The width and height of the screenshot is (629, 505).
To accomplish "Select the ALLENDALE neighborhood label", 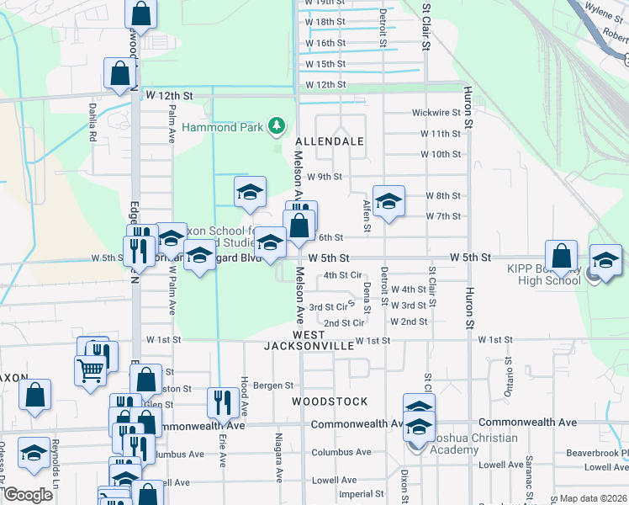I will [330, 141].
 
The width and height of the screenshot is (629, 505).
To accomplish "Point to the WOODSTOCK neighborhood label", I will [330, 401].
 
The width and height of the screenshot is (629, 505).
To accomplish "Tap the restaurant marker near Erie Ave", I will [222, 403].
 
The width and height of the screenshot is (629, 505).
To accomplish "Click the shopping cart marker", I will [90, 370].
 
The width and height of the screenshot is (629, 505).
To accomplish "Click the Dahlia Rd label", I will [92, 121].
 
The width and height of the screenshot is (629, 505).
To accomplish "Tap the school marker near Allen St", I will [388, 201].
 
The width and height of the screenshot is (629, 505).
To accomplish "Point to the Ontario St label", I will [506, 385].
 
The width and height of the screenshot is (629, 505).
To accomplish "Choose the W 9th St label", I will [324, 177].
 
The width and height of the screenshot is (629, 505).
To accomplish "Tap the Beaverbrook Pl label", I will [597, 453].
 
